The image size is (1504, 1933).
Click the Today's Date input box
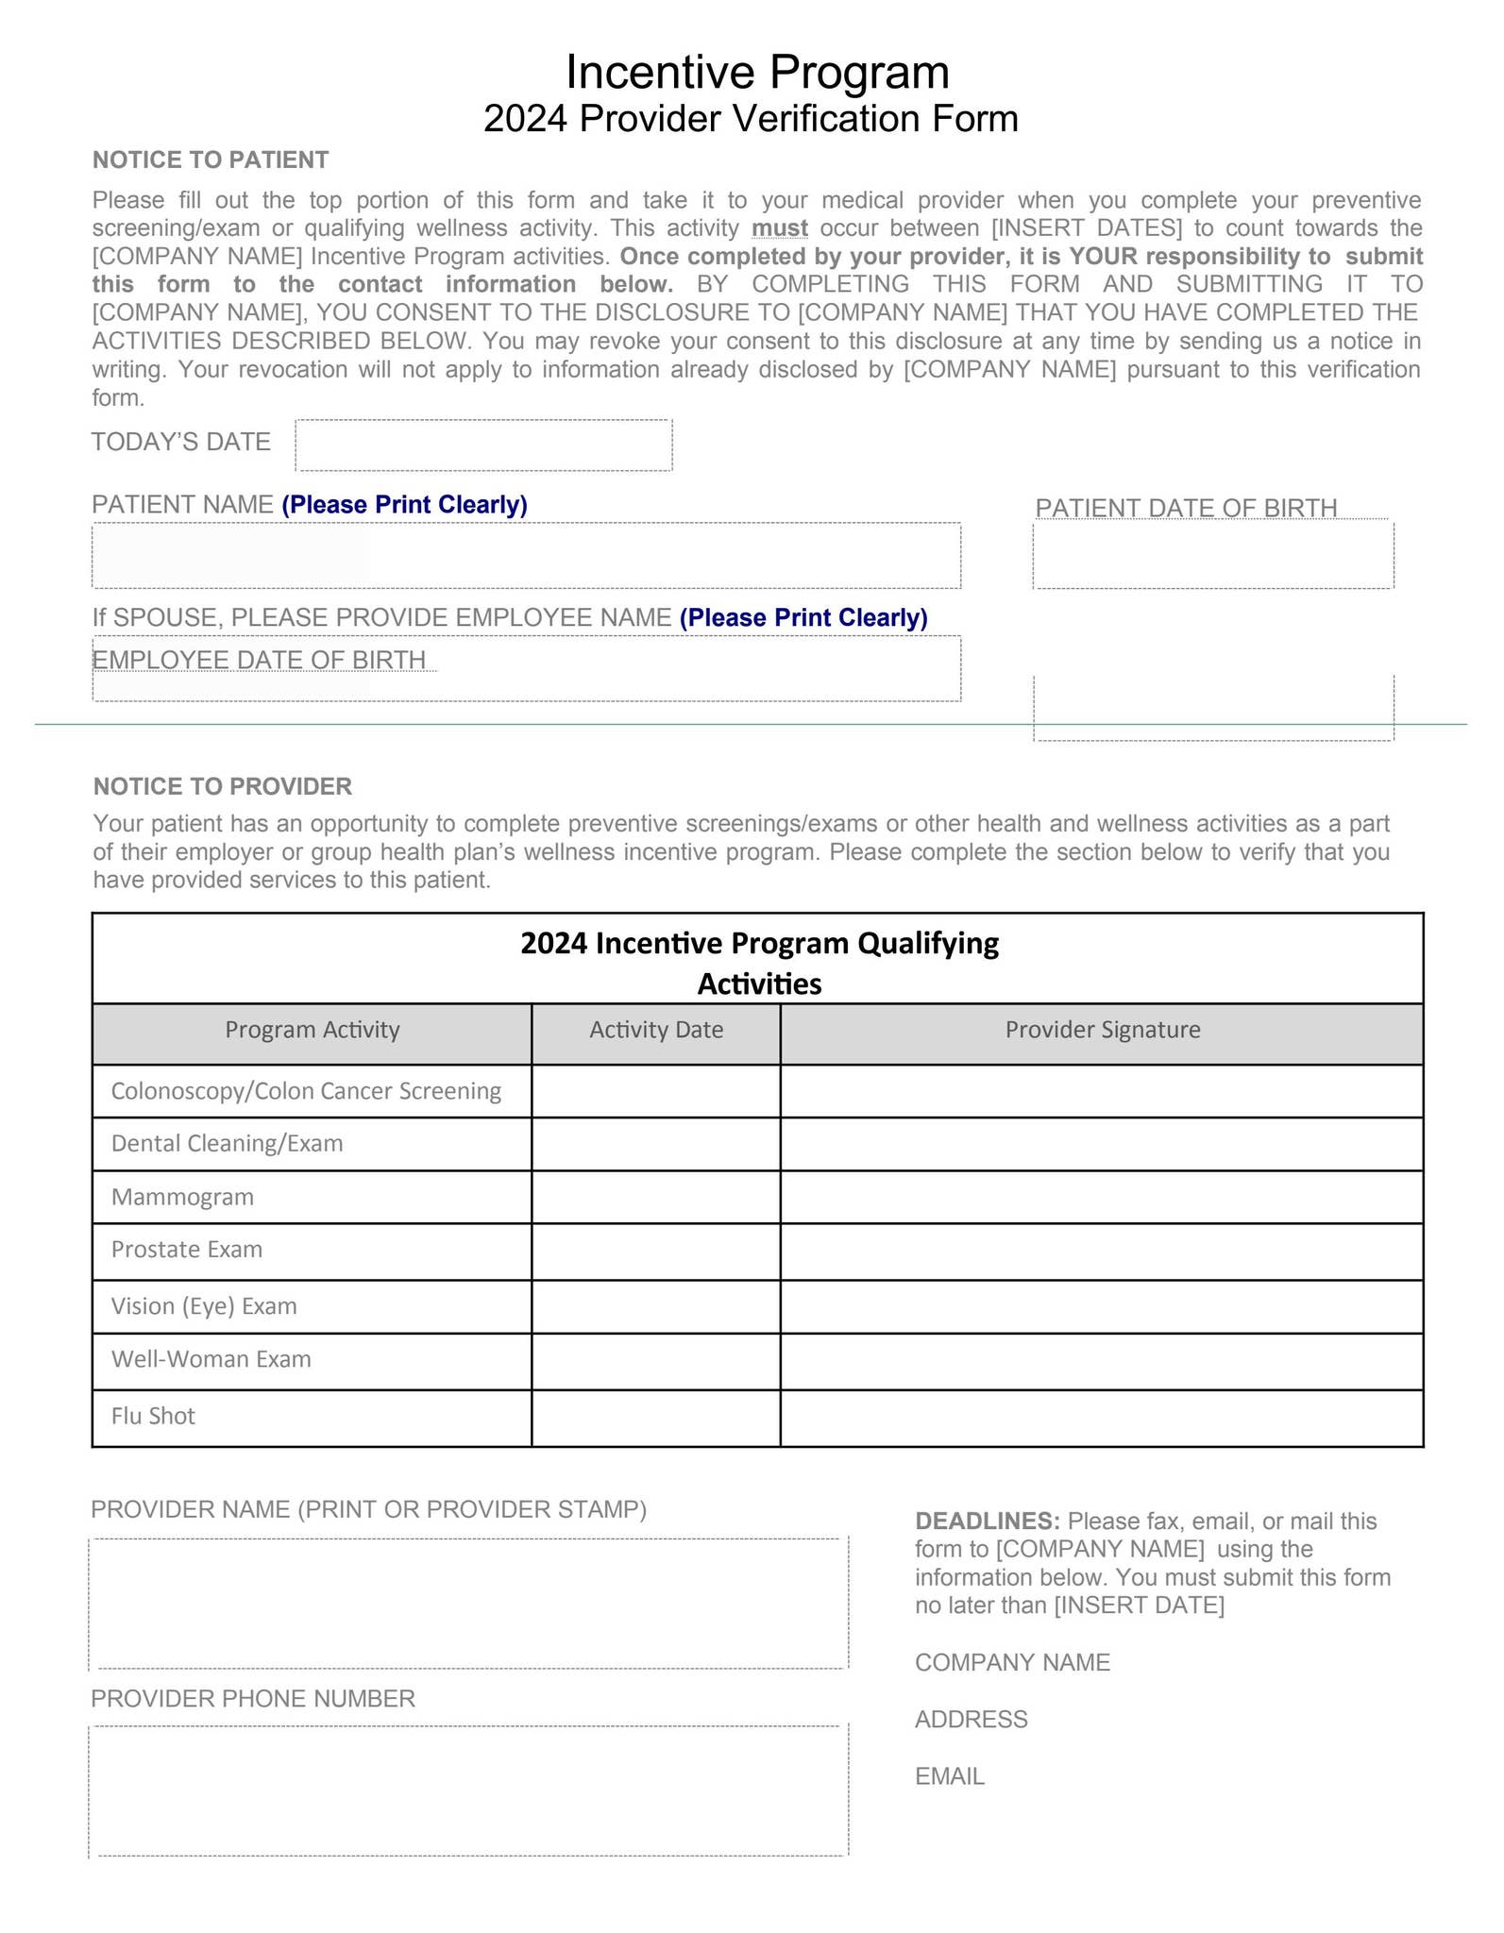pyautogui.click(x=483, y=445)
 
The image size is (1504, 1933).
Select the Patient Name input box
pyautogui.click(x=526, y=556)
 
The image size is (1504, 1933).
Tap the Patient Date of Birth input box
pyautogui.click(x=1212, y=555)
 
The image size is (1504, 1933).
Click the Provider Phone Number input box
pyautogui.click(x=468, y=1790)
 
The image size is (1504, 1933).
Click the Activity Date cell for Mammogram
pyautogui.click(x=655, y=1197)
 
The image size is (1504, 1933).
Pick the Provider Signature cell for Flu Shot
pyautogui.click(x=1101, y=1418)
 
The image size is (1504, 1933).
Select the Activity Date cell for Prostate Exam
pyautogui.click(x=655, y=1252)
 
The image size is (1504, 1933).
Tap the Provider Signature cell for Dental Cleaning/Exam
pyautogui.click(x=1101, y=1144)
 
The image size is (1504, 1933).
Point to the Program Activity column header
pyautogui.click(x=312, y=1030)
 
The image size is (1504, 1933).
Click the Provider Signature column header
pyautogui.click(x=1102, y=1030)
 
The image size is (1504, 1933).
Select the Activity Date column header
pyautogui.click(x=656, y=1030)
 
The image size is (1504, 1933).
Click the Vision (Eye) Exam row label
pyautogui.click(x=204, y=1306)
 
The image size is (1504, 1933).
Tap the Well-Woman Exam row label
pyautogui.click(x=211, y=1359)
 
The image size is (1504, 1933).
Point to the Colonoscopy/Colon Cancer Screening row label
pyautogui.click(x=306, y=1091)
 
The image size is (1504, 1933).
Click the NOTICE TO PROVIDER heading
pyautogui.click(x=222, y=786)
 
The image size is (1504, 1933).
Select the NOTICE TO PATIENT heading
pyautogui.click(x=211, y=160)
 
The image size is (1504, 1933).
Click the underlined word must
pyautogui.click(x=779, y=228)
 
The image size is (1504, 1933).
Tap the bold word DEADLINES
pyautogui.click(x=987, y=1521)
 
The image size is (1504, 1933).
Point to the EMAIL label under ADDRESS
pyautogui.click(x=949, y=1776)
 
